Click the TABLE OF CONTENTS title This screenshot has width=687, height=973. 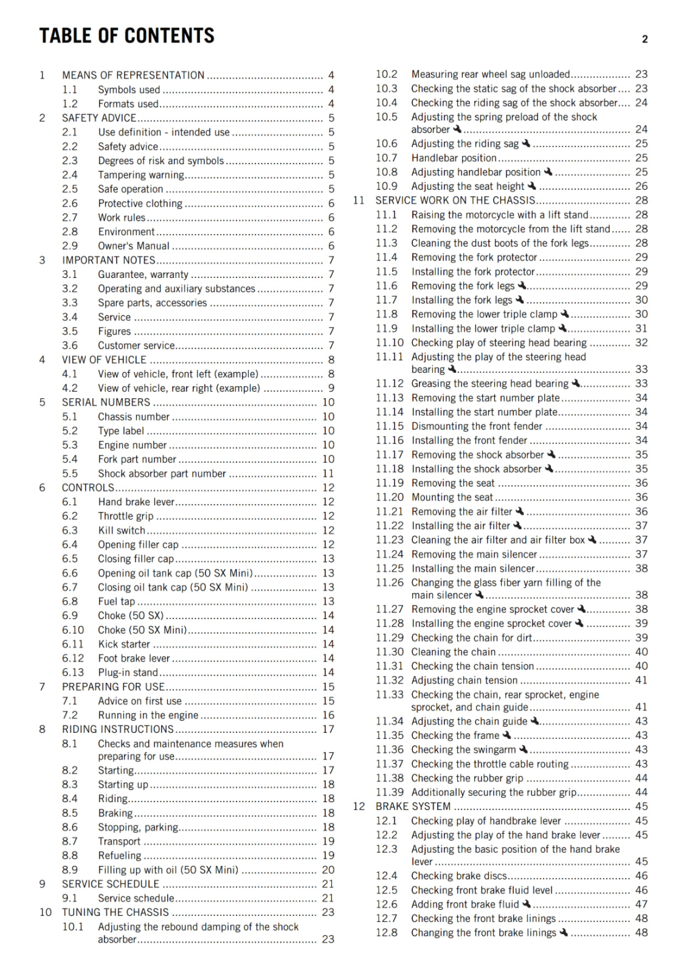pos(126,36)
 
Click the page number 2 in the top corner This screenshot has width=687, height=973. pos(644,40)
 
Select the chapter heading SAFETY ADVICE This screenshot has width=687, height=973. pos(98,118)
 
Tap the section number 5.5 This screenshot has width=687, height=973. pos(70,474)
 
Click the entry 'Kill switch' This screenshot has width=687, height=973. pos(122,530)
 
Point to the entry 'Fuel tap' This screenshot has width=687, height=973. pos(116,601)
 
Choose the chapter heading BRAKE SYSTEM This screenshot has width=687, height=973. pos(413,806)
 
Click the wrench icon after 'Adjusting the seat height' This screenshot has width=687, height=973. pos(532,186)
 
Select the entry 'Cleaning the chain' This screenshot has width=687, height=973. pos(453,652)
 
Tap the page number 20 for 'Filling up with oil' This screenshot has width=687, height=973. pos(328,870)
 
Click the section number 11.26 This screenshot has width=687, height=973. pos(389,583)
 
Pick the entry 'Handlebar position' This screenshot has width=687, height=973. pos(454,158)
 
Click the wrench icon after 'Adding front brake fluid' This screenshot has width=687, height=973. pos(526,904)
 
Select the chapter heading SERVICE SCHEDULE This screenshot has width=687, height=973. pos(111,884)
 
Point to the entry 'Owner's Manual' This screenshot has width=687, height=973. pos(134,246)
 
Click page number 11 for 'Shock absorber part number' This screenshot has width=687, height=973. pos(328,474)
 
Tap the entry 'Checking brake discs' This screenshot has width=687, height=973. pos(459,876)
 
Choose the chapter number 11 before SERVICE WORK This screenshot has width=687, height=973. pos(359,201)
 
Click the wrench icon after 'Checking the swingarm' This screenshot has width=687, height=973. pos(523,749)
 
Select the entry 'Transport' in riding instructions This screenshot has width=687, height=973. pos(119,842)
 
